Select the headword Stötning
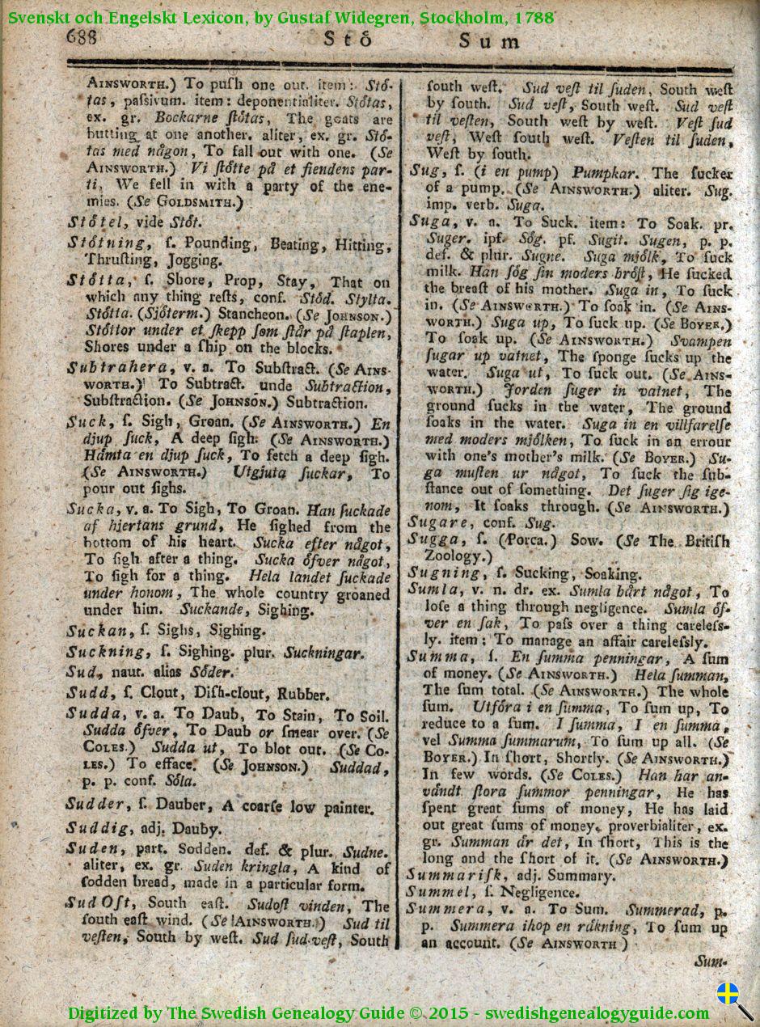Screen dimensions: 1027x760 pos(108,244)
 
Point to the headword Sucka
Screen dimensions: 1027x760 pos(91,510)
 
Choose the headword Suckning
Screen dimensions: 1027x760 pos(105,652)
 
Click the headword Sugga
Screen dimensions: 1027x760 pos(433,539)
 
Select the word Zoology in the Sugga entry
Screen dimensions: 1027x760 pos(453,556)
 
